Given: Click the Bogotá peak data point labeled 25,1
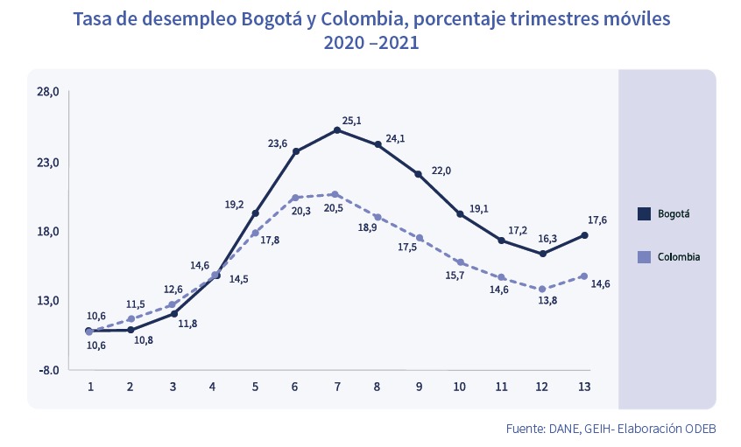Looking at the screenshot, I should pos(337,130).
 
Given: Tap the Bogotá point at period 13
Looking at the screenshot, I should pos(584,234).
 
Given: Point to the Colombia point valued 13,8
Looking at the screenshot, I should pos(543,290).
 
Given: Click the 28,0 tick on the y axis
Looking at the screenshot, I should pos(49,92).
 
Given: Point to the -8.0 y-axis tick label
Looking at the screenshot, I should pos(49,370).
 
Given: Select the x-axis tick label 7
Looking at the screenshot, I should pos(337,387).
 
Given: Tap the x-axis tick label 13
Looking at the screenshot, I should pos(584,387).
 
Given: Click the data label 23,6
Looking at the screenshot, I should pos(277,143).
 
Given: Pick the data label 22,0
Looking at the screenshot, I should pos(441,171).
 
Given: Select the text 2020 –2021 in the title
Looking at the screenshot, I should pos(370,41).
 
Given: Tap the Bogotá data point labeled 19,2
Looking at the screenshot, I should pos(255,213).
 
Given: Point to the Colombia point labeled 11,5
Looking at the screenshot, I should pos(131,319).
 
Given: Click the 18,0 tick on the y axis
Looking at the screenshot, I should pos(49,231).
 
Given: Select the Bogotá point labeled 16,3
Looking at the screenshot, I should pos(543,254).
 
